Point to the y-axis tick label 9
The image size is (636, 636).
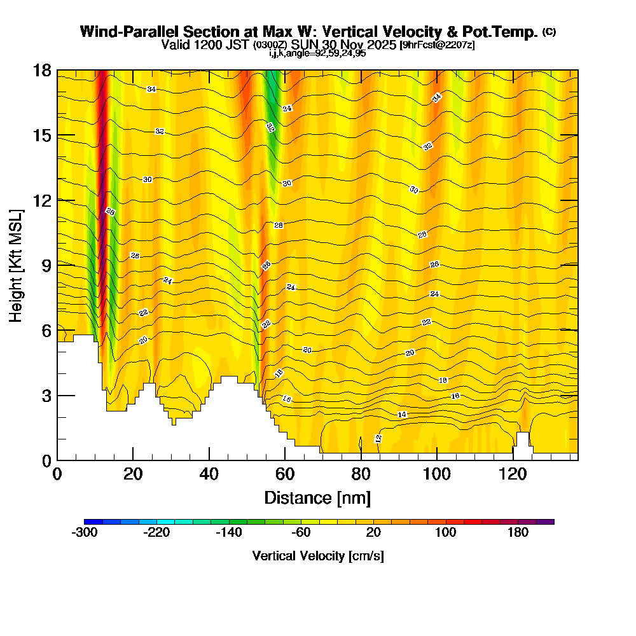pyautogui.click(x=46, y=265)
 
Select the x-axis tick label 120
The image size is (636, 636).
pyautogui.click(x=513, y=474)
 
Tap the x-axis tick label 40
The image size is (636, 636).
pyautogui.click(x=209, y=474)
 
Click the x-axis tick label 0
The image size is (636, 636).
pyautogui.click(x=57, y=474)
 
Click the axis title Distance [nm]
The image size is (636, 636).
pyautogui.click(x=317, y=497)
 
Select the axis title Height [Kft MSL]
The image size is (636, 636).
pyautogui.click(x=17, y=265)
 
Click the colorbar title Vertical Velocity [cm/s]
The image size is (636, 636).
pyautogui.click(x=318, y=556)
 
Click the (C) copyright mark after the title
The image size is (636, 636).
pyautogui.click(x=549, y=32)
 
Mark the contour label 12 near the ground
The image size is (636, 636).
pyautogui.click(x=378, y=438)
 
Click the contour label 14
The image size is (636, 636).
pyautogui.click(x=402, y=415)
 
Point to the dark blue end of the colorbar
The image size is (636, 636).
pyautogui.click(x=90, y=522)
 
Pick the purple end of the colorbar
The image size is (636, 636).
pyautogui.click(x=548, y=522)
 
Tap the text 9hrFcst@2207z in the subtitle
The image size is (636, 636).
pyautogui.click(x=437, y=45)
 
